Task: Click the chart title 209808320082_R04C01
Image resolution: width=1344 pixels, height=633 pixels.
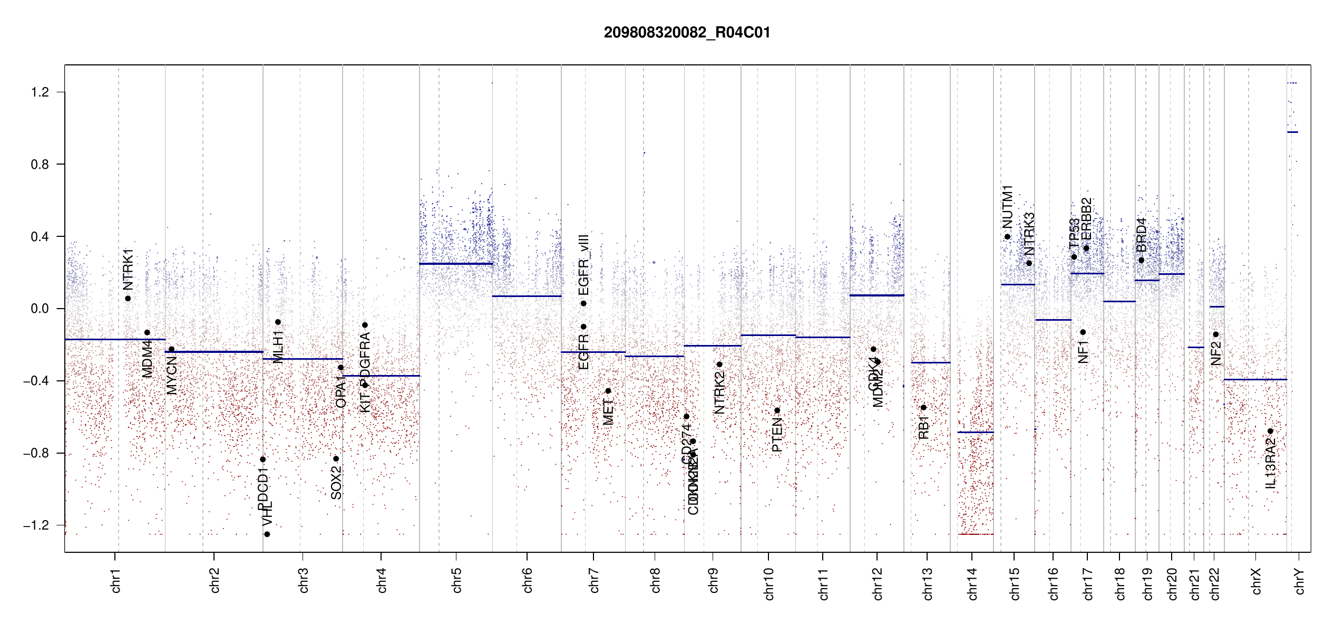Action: coord(687,33)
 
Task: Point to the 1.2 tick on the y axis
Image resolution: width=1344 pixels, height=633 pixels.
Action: coord(40,92)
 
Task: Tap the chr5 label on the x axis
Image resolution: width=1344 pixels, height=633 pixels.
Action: coord(456,580)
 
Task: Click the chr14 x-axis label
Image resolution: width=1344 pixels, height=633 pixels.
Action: coord(972,583)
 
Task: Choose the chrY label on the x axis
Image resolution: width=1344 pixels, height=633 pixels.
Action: coord(1299,581)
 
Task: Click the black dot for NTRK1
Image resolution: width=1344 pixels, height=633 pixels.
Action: coord(128,299)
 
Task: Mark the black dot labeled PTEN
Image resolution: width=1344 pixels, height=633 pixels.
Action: coord(777,410)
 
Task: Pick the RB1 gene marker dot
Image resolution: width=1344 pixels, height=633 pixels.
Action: coord(923,407)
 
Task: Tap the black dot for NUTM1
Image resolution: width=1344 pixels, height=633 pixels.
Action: coord(1007,237)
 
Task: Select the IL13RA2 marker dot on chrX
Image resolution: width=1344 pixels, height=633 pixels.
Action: coord(1270,431)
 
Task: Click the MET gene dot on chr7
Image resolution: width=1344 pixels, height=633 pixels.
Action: coord(608,391)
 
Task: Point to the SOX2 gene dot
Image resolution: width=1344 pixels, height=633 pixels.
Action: coord(336,458)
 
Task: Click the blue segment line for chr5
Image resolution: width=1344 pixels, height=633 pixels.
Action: coord(456,264)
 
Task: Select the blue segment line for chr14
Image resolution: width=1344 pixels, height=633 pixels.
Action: coord(975,432)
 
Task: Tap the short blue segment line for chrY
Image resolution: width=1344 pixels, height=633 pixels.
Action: coord(1292,132)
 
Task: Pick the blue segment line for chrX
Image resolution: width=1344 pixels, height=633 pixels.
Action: coord(1255,379)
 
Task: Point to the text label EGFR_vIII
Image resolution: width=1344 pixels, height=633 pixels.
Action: coord(583,265)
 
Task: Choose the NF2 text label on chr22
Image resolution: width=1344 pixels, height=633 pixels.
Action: coord(1216,353)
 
